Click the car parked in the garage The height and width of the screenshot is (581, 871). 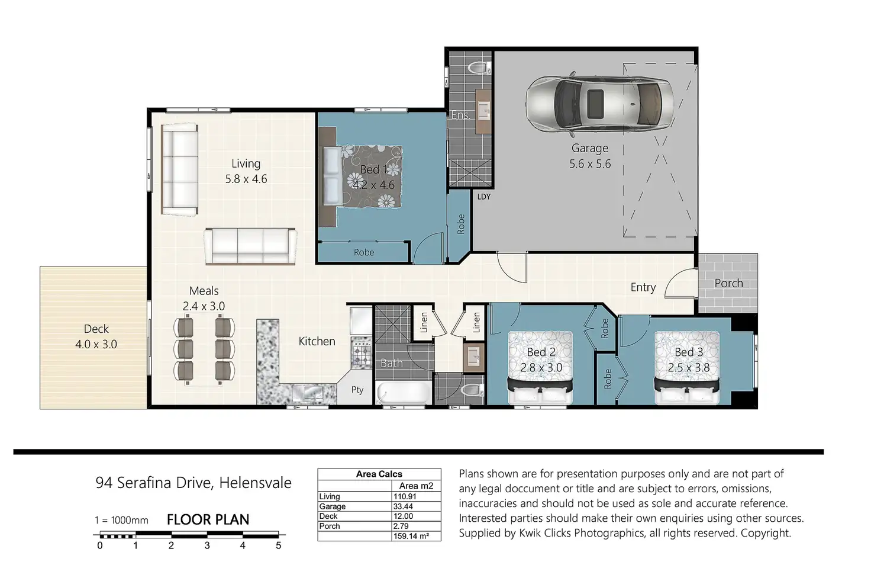coord(599,104)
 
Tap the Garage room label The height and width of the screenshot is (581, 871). coord(589,148)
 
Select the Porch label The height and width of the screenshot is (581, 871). coord(728,283)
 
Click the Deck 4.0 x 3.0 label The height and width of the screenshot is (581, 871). coord(96,336)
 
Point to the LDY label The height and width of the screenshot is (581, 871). coord(483,197)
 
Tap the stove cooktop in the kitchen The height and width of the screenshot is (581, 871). coord(361,353)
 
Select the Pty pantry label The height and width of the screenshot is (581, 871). coord(357,390)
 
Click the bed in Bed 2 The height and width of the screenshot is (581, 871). coord(540,368)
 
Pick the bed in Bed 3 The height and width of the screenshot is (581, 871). coord(687,368)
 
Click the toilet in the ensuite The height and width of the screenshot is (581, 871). coord(479,69)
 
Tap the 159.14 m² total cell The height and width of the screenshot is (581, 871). coord(411,536)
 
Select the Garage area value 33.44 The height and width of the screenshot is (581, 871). coord(403,506)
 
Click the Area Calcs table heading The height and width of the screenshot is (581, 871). coord(379,474)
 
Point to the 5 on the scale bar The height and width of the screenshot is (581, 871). coord(279,545)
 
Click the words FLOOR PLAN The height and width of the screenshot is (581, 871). coord(208,520)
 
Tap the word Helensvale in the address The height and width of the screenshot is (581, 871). coord(255,483)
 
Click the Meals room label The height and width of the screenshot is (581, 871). coord(204,291)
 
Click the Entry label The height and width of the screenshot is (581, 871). coord(643,288)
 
